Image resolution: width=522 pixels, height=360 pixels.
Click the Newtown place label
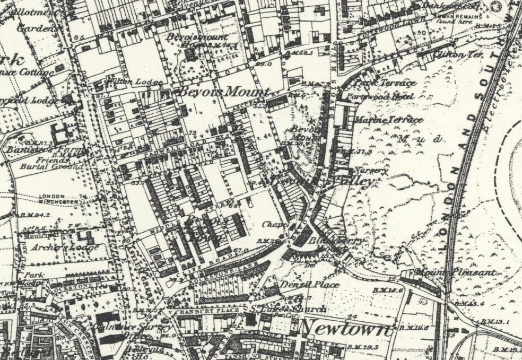(346, 328)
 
